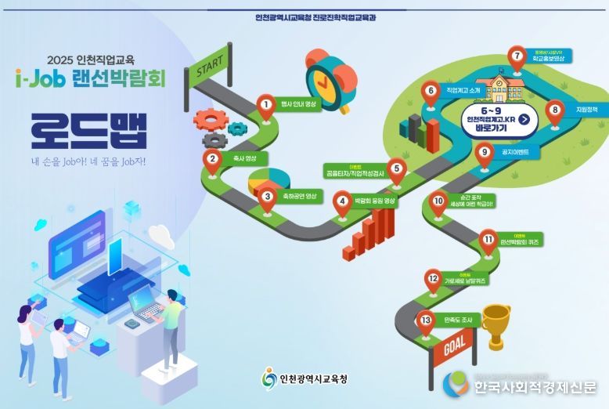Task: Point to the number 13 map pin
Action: [x=426, y=320]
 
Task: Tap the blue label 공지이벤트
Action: [x=514, y=152]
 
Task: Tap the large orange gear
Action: [x=210, y=120]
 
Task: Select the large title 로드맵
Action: [x=89, y=132]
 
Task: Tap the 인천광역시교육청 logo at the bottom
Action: [x=304, y=379]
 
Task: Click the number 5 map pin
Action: [x=397, y=169]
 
